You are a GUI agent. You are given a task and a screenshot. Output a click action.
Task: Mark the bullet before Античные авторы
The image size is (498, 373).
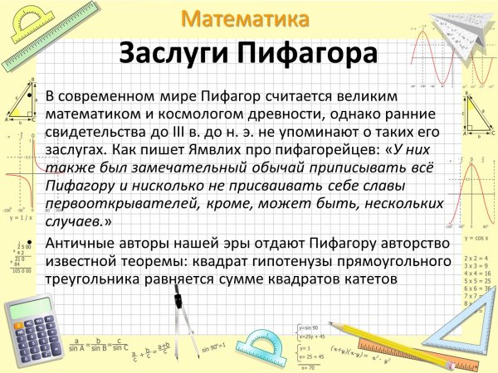(32, 243)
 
